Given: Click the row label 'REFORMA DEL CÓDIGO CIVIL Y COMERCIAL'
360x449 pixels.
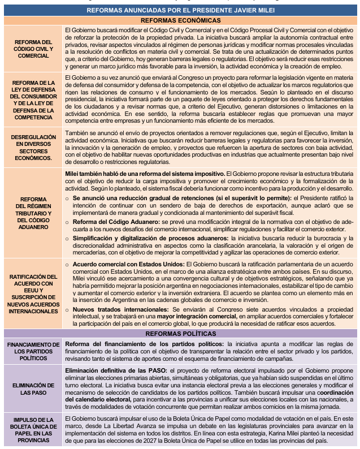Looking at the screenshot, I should pos(33,49).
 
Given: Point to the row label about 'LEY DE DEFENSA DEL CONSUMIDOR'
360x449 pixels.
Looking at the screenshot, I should pos(33,100).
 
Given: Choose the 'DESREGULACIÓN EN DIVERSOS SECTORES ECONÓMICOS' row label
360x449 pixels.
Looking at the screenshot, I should pos(33,148).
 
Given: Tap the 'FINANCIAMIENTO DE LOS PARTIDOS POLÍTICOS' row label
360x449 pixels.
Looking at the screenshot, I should pos(33,351).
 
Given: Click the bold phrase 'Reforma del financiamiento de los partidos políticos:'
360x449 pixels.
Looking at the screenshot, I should pos(144,343).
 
